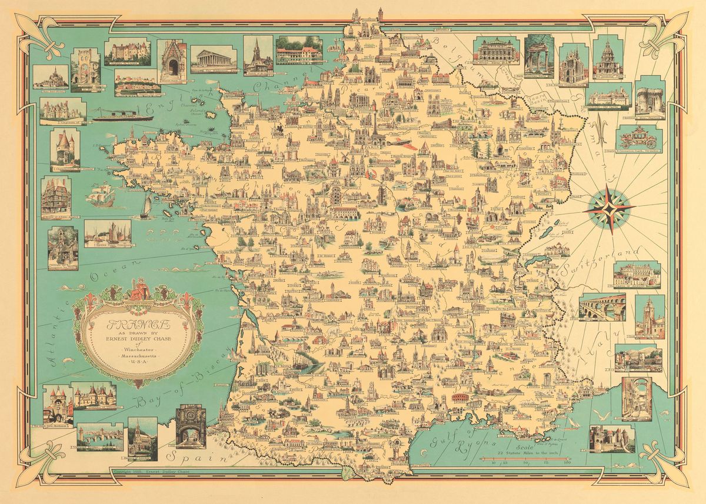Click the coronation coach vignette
coord(639,139)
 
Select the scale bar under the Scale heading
coord(524,458)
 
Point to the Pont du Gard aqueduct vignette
coord(601,306)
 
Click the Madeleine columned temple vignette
coord(214,59)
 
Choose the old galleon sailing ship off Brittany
coord(100,195)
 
